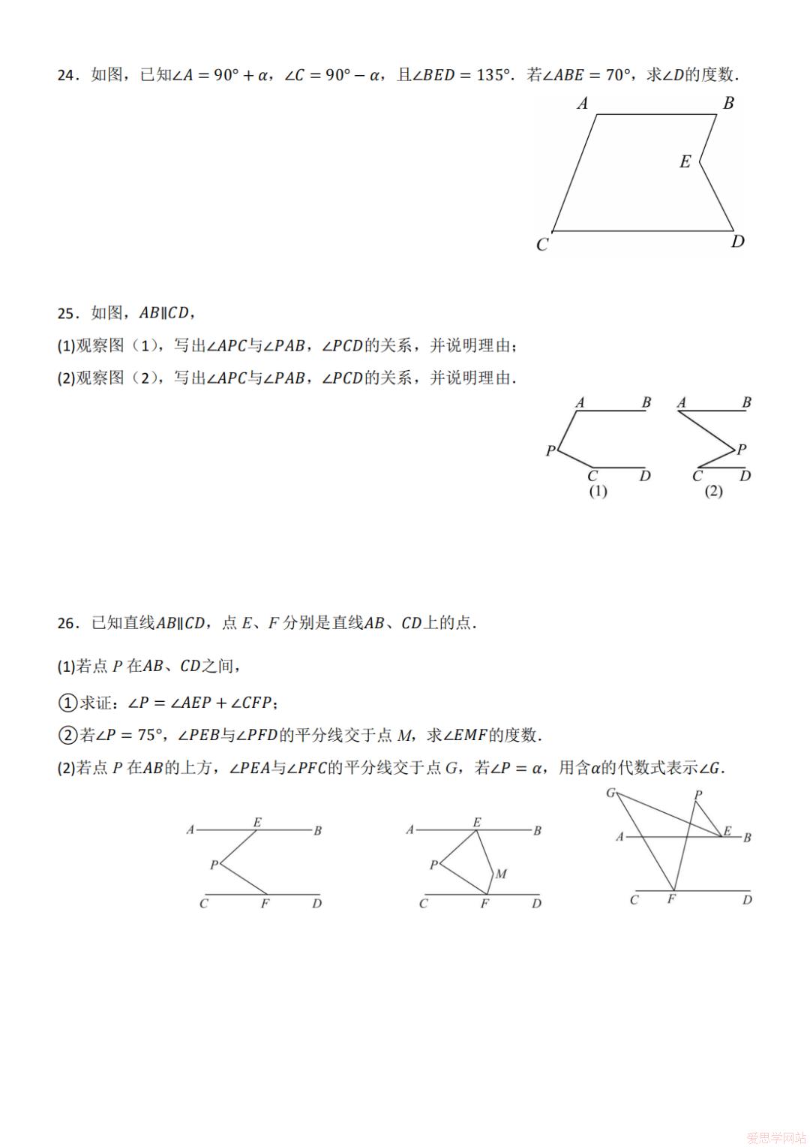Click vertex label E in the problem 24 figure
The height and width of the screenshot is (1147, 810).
pyautogui.click(x=685, y=161)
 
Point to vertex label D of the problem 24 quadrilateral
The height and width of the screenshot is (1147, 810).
pyautogui.click(x=738, y=241)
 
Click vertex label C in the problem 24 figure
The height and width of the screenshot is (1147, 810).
pyautogui.click(x=542, y=245)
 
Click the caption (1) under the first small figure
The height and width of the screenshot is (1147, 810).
pyautogui.click(x=598, y=491)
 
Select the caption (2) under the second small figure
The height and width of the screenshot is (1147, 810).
pyautogui.click(x=713, y=491)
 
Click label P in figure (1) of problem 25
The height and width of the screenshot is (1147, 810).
pyautogui.click(x=550, y=450)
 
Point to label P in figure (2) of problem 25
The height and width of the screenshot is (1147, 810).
pyautogui.click(x=742, y=449)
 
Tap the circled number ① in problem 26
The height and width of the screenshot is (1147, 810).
pyautogui.click(x=67, y=703)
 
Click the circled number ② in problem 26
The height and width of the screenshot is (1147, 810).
pyautogui.click(x=67, y=736)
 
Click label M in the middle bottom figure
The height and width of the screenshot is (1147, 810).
pyautogui.click(x=501, y=874)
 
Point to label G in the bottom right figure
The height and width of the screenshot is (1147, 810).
pyautogui.click(x=610, y=793)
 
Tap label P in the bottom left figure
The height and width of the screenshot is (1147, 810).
pyautogui.click(x=214, y=865)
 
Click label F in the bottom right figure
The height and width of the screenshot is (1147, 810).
pyautogui.click(x=671, y=899)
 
